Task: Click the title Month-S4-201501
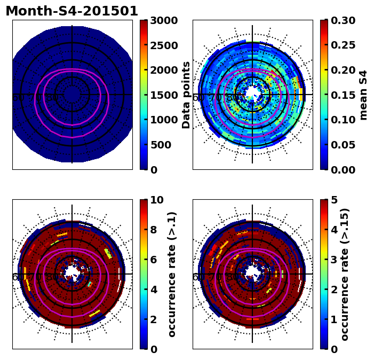coord(71,11)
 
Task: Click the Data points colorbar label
coord(186,95)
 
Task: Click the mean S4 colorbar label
coord(364,95)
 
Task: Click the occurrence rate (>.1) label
coord(172,275)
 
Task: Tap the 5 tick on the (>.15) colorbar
coord(334,200)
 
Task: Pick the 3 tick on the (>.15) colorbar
coord(334,260)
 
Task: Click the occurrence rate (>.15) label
coord(345,275)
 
